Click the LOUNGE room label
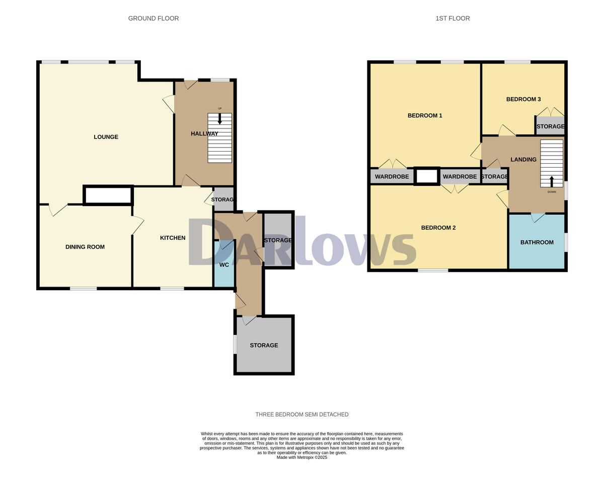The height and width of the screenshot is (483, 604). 106,137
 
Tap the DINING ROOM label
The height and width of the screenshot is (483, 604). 85,247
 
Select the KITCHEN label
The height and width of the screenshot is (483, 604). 173,238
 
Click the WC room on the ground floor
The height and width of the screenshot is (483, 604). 224,265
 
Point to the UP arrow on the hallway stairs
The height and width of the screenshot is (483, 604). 219,118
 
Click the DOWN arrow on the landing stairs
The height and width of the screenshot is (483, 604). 552,181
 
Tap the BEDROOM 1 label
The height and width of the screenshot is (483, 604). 425,116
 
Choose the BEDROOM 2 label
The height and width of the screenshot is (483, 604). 438,228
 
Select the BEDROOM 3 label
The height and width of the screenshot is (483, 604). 523,99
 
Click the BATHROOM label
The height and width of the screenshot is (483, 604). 537,242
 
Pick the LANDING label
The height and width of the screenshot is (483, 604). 523,160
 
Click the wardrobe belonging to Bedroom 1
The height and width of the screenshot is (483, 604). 392,177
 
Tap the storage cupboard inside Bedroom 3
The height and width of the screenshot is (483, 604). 550,126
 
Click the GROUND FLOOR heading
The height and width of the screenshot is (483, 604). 154,19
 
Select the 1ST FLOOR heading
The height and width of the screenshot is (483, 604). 452,19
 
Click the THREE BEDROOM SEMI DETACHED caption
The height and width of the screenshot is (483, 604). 302,415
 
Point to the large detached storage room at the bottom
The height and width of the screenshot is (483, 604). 264,346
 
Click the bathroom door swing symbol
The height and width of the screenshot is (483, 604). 538,218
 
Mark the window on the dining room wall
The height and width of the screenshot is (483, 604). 83,289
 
